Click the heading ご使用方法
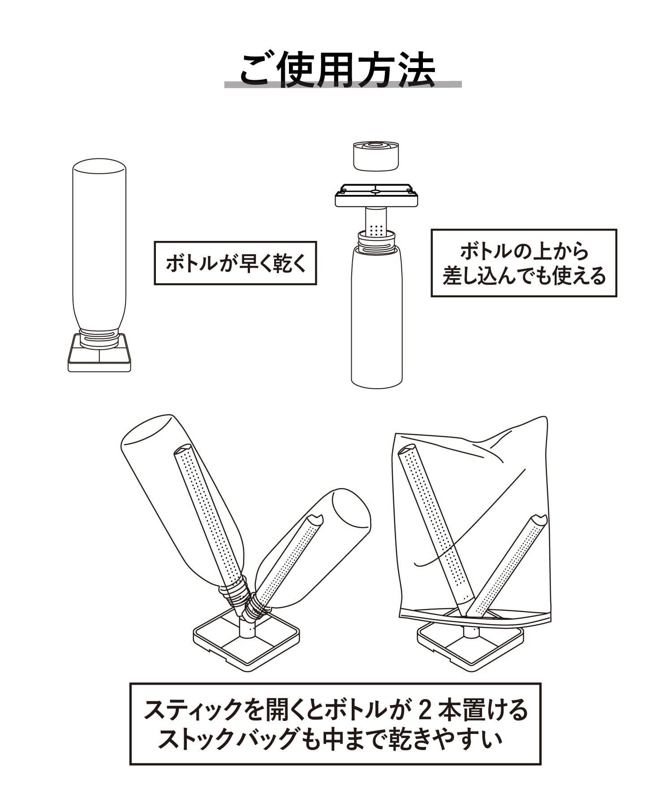[338, 70]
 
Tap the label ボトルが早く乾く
[235, 263]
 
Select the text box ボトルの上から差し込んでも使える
[524, 263]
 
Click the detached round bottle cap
[376, 155]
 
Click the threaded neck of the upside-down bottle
[99, 338]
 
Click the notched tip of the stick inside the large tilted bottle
[183, 449]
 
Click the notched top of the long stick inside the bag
[408, 450]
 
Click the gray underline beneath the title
[343, 84]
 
